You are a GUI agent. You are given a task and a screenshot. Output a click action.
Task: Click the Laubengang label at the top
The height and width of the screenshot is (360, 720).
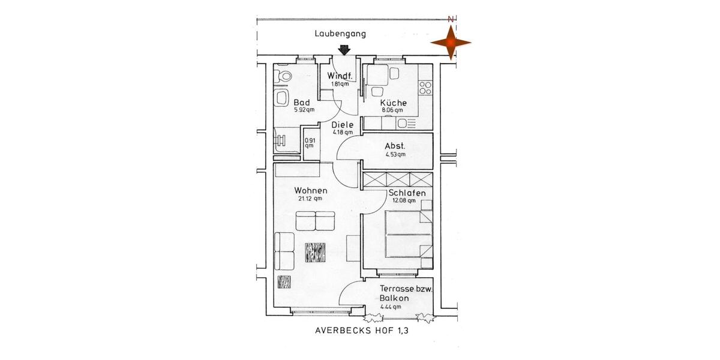coord(340,34)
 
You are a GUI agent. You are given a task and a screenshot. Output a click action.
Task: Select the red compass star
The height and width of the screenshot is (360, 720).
coord(451,43)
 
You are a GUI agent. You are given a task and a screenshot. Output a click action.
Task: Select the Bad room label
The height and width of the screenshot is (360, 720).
coord(301,103)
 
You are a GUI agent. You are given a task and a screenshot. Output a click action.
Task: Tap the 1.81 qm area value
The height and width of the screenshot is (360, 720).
coord(340,84)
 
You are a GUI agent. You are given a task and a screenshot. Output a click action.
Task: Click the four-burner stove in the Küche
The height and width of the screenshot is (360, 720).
coord(425,88)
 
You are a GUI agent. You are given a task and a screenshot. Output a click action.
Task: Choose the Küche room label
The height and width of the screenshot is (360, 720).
coord(393,103)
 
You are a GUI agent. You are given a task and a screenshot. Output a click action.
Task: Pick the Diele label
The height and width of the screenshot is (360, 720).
coord(343,125)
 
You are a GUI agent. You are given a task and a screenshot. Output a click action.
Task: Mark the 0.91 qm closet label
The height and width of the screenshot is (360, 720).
coord(309,143)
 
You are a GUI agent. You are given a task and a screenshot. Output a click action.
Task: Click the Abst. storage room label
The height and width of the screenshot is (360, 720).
coord(395,146)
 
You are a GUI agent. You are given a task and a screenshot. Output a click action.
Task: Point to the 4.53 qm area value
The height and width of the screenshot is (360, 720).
coord(395,155)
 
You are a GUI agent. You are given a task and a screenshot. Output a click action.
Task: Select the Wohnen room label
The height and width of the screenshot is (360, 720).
coord(310,191)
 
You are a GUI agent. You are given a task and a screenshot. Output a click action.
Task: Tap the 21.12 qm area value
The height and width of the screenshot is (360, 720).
coord(310,199)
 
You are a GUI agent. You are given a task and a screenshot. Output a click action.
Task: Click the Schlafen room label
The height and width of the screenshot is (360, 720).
coord(407,193)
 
